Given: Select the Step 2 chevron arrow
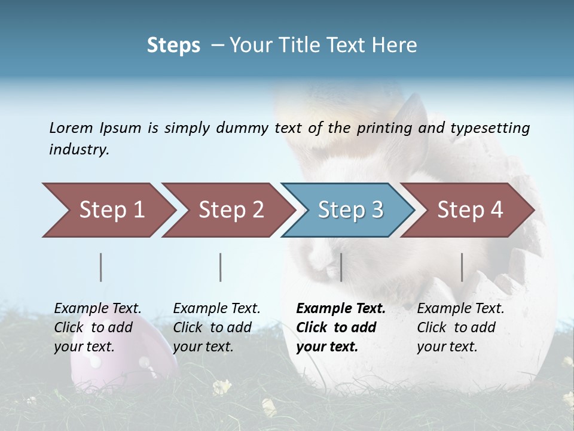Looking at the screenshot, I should point(231,210).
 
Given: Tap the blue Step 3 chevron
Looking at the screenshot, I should point(350,210).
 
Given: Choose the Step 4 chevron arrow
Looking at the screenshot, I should point(469,210).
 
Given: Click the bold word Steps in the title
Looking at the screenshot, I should point(173,45).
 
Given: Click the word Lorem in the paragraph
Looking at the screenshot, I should point(71,128).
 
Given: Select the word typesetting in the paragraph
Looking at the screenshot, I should point(490,128).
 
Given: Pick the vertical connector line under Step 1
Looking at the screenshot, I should point(101,267).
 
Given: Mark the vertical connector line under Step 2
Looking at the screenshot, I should point(221,267).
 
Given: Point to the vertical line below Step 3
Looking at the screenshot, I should point(341,267).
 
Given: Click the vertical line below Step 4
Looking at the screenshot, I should point(462,267).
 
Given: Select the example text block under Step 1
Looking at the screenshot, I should point(98,327).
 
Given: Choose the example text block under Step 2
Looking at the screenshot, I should point(216,327).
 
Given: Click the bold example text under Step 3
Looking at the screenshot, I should point(341,327).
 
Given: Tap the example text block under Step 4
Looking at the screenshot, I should point(460,327).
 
